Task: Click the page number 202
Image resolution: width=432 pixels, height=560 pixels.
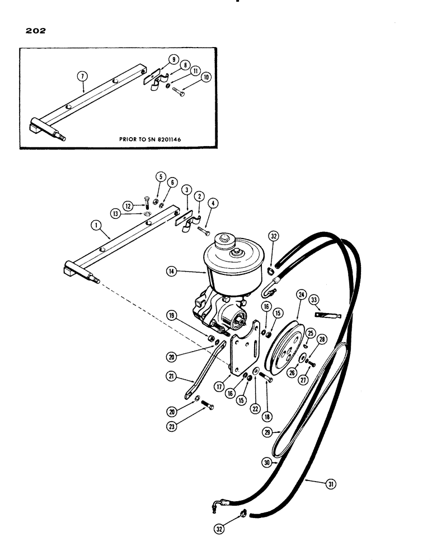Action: click(33, 31)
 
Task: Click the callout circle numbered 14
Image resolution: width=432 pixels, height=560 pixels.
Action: click(171, 271)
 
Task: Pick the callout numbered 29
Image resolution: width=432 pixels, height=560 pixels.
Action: click(269, 432)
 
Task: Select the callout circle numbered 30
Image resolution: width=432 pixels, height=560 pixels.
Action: click(266, 463)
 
